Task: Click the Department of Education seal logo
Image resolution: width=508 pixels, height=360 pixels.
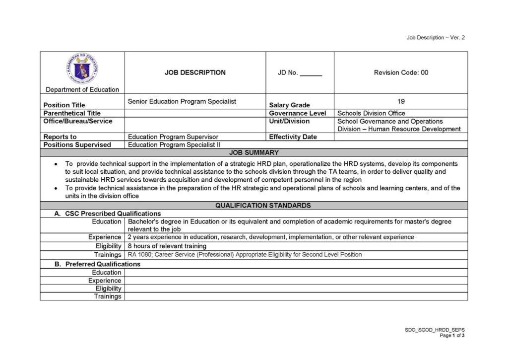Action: pyautogui.click(x=82, y=69)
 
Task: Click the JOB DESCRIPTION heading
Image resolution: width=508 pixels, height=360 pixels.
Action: pyautogui.click(x=195, y=72)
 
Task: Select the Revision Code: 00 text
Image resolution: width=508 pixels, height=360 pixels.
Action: pyautogui.click(x=401, y=72)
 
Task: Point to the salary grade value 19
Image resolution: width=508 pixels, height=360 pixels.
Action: pyautogui.click(x=401, y=101)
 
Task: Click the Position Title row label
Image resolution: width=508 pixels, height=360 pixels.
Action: pyautogui.click(x=64, y=105)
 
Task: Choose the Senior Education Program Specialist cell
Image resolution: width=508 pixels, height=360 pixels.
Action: pyautogui.click(x=182, y=101)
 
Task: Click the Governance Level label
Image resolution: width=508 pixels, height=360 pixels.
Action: pyautogui.click(x=298, y=113)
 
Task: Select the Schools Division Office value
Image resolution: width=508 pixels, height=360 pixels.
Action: pyautogui.click(x=371, y=113)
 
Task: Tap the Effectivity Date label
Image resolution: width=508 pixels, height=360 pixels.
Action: pyautogui.click(x=293, y=137)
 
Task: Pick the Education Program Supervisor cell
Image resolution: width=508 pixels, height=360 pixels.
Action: pyautogui.click(x=173, y=137)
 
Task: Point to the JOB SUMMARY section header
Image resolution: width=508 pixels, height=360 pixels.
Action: pyautogui.click(x=254, y=152)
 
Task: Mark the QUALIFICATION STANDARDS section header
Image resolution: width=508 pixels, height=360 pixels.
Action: pyautogui.click(x=263, y=205)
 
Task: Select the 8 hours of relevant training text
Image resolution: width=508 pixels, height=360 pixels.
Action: pyautogui.click(x=167, y=246)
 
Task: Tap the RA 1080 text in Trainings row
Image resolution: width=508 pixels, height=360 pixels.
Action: pyautogui.click(x=140, y=254)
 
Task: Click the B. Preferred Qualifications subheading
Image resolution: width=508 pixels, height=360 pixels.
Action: pyautogui.click(x=97, y=264)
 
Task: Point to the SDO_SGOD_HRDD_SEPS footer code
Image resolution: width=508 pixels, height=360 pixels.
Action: pyautogui.click(x=435, y=330)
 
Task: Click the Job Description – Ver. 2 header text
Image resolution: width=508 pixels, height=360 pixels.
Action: pyautogui.click(x=435, y=38)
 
